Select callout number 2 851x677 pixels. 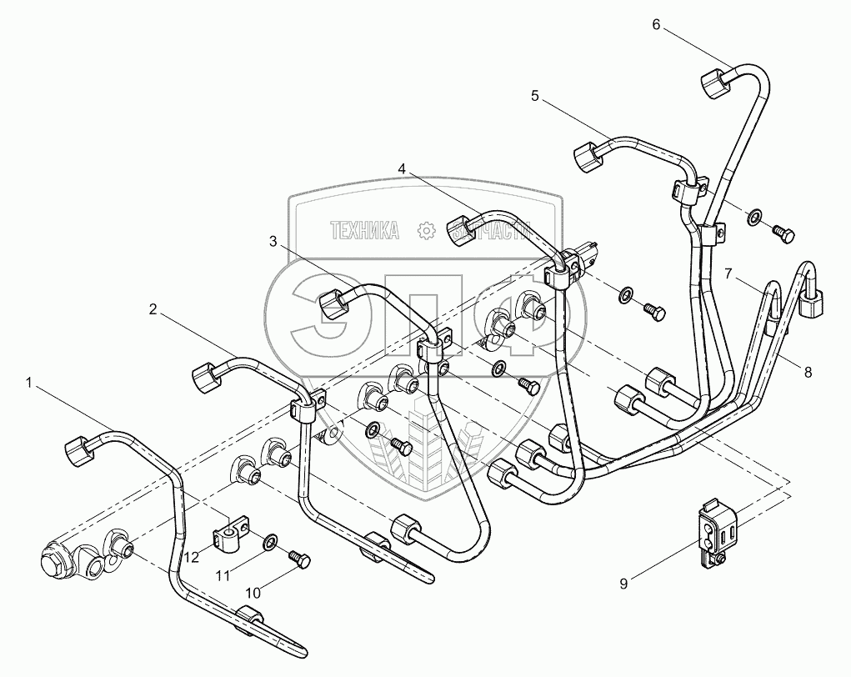153,309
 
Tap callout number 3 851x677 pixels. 273,242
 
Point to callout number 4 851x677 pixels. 402,168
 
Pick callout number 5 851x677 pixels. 534,97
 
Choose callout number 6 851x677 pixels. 656,24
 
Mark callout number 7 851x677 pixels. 728,273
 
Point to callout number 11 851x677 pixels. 222,574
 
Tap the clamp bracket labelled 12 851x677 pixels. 231,534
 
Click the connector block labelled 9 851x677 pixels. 714,534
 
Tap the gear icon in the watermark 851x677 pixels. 428,231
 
